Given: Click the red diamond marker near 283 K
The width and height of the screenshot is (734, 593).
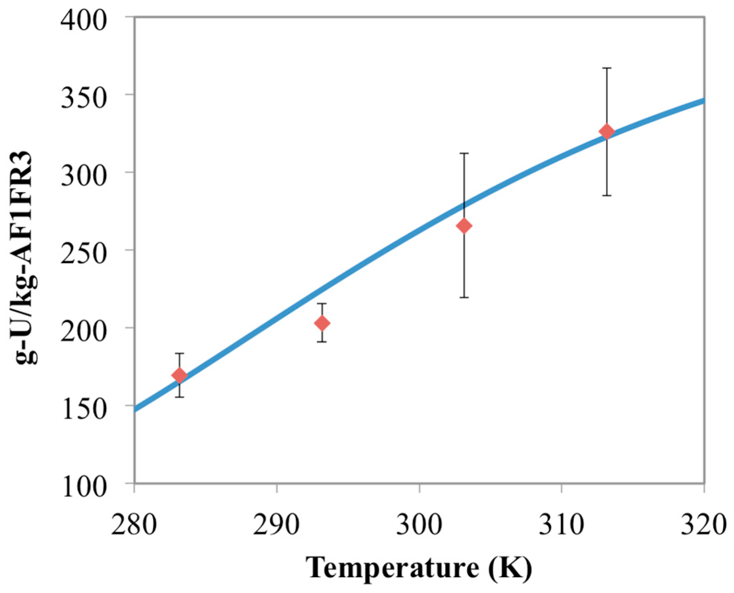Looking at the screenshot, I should pyautogui.click(x=180, y=375).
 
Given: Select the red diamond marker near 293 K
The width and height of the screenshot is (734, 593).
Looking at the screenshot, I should pyautogui.click(x=322, y=323).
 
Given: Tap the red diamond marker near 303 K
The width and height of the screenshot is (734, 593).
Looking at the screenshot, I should pyautogui.click(x=464, y=226).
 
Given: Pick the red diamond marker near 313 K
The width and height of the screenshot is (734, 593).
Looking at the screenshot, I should pyautogui.click(x=606, y=132).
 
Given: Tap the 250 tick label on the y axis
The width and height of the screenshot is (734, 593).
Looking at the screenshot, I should pyautogui.click(x=84, y=253).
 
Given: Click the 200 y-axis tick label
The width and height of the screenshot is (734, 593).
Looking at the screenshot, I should pyautogui.click(x=84, y=331).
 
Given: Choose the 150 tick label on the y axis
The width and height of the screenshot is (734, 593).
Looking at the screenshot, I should pyautogui.click(x=84, y=408).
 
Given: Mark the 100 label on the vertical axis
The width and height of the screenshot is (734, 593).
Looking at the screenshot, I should pyautogui.click(x=84, y=486).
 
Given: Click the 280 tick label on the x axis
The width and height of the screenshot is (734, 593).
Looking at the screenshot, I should pyautogui.click(x=134, y=526).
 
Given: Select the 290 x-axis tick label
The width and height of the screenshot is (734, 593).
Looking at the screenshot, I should pyautogui.click(x=276, y=526).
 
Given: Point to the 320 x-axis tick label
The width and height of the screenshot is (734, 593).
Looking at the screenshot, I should pyautogui.click(x=704, y=526).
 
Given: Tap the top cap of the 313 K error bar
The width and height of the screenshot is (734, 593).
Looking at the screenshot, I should pyautogui.click(x=606, y=68).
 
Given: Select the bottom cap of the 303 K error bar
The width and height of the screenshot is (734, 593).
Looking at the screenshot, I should pyautogui.click(x=464, y=297).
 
